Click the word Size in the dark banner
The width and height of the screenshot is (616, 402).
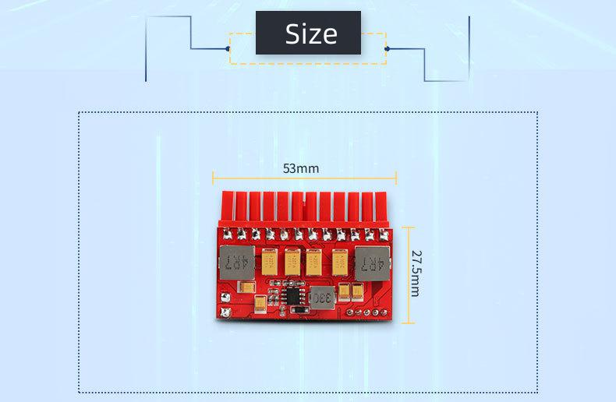[311, 33]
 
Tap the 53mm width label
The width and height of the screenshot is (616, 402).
[301, 168]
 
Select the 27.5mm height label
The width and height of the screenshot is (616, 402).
[416, 273]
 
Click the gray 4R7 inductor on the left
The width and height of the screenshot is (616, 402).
[235, 263]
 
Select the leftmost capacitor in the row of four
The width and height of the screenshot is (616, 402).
[271, 262]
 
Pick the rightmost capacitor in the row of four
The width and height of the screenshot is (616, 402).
[340, 263]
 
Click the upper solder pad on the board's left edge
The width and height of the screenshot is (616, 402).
[225, 297]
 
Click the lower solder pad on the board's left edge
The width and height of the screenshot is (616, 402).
[225, 312]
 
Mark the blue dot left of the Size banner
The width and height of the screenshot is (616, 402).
[228, 48]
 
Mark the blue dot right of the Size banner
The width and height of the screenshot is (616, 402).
[387, 48]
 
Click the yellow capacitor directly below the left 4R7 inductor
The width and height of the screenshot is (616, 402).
[246, 287]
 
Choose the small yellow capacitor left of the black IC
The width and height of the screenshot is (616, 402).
[260, 303]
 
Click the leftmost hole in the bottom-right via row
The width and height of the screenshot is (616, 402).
[349, 312]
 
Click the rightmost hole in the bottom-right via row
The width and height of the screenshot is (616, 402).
[384, 312]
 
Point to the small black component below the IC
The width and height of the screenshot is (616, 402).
[300, 309]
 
